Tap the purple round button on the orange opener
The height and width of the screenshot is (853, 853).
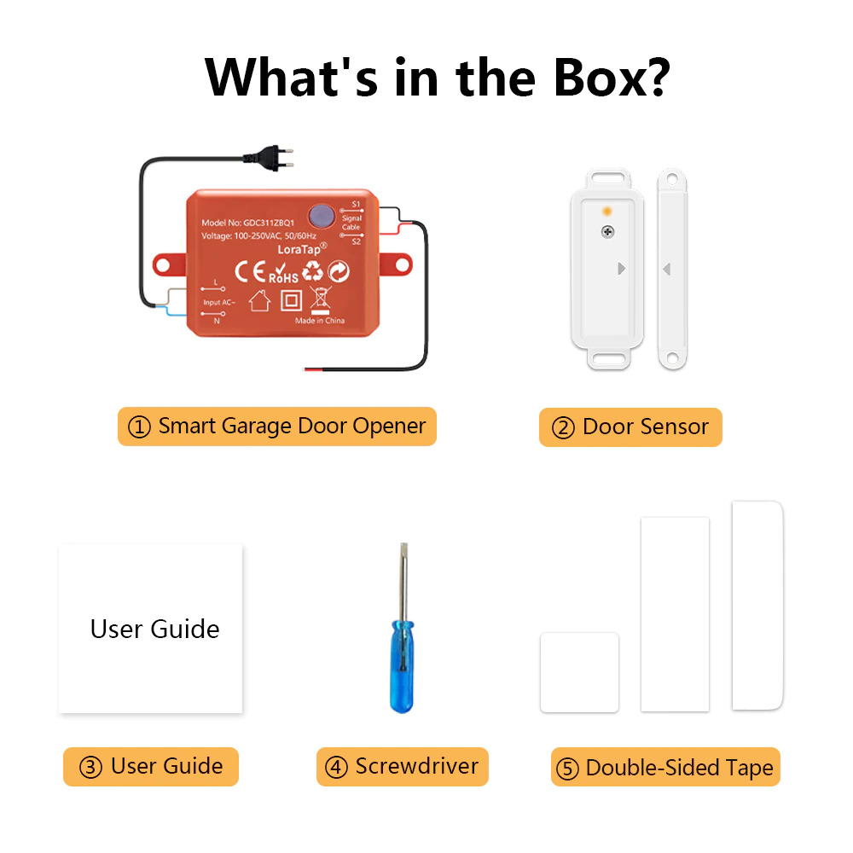click(322, 216)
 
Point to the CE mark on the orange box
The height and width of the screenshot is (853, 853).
click(250, 271)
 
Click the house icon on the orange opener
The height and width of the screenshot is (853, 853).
click(259, 299)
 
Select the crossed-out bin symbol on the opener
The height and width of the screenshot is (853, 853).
click(321, 300)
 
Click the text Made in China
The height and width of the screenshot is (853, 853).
click(320, 321)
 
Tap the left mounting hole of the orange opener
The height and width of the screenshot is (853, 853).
click(163, 265)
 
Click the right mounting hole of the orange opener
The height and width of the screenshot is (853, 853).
click(403, 265)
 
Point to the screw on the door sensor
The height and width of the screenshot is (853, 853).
click(607, 232)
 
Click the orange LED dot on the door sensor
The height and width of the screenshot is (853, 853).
click(607, 211)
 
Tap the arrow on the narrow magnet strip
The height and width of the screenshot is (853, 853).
click(667, 269)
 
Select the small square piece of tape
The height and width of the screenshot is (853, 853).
click(579, 672)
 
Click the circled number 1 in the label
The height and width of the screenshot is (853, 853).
click(139, 427)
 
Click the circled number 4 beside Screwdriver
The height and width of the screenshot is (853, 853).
click(336, 768)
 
